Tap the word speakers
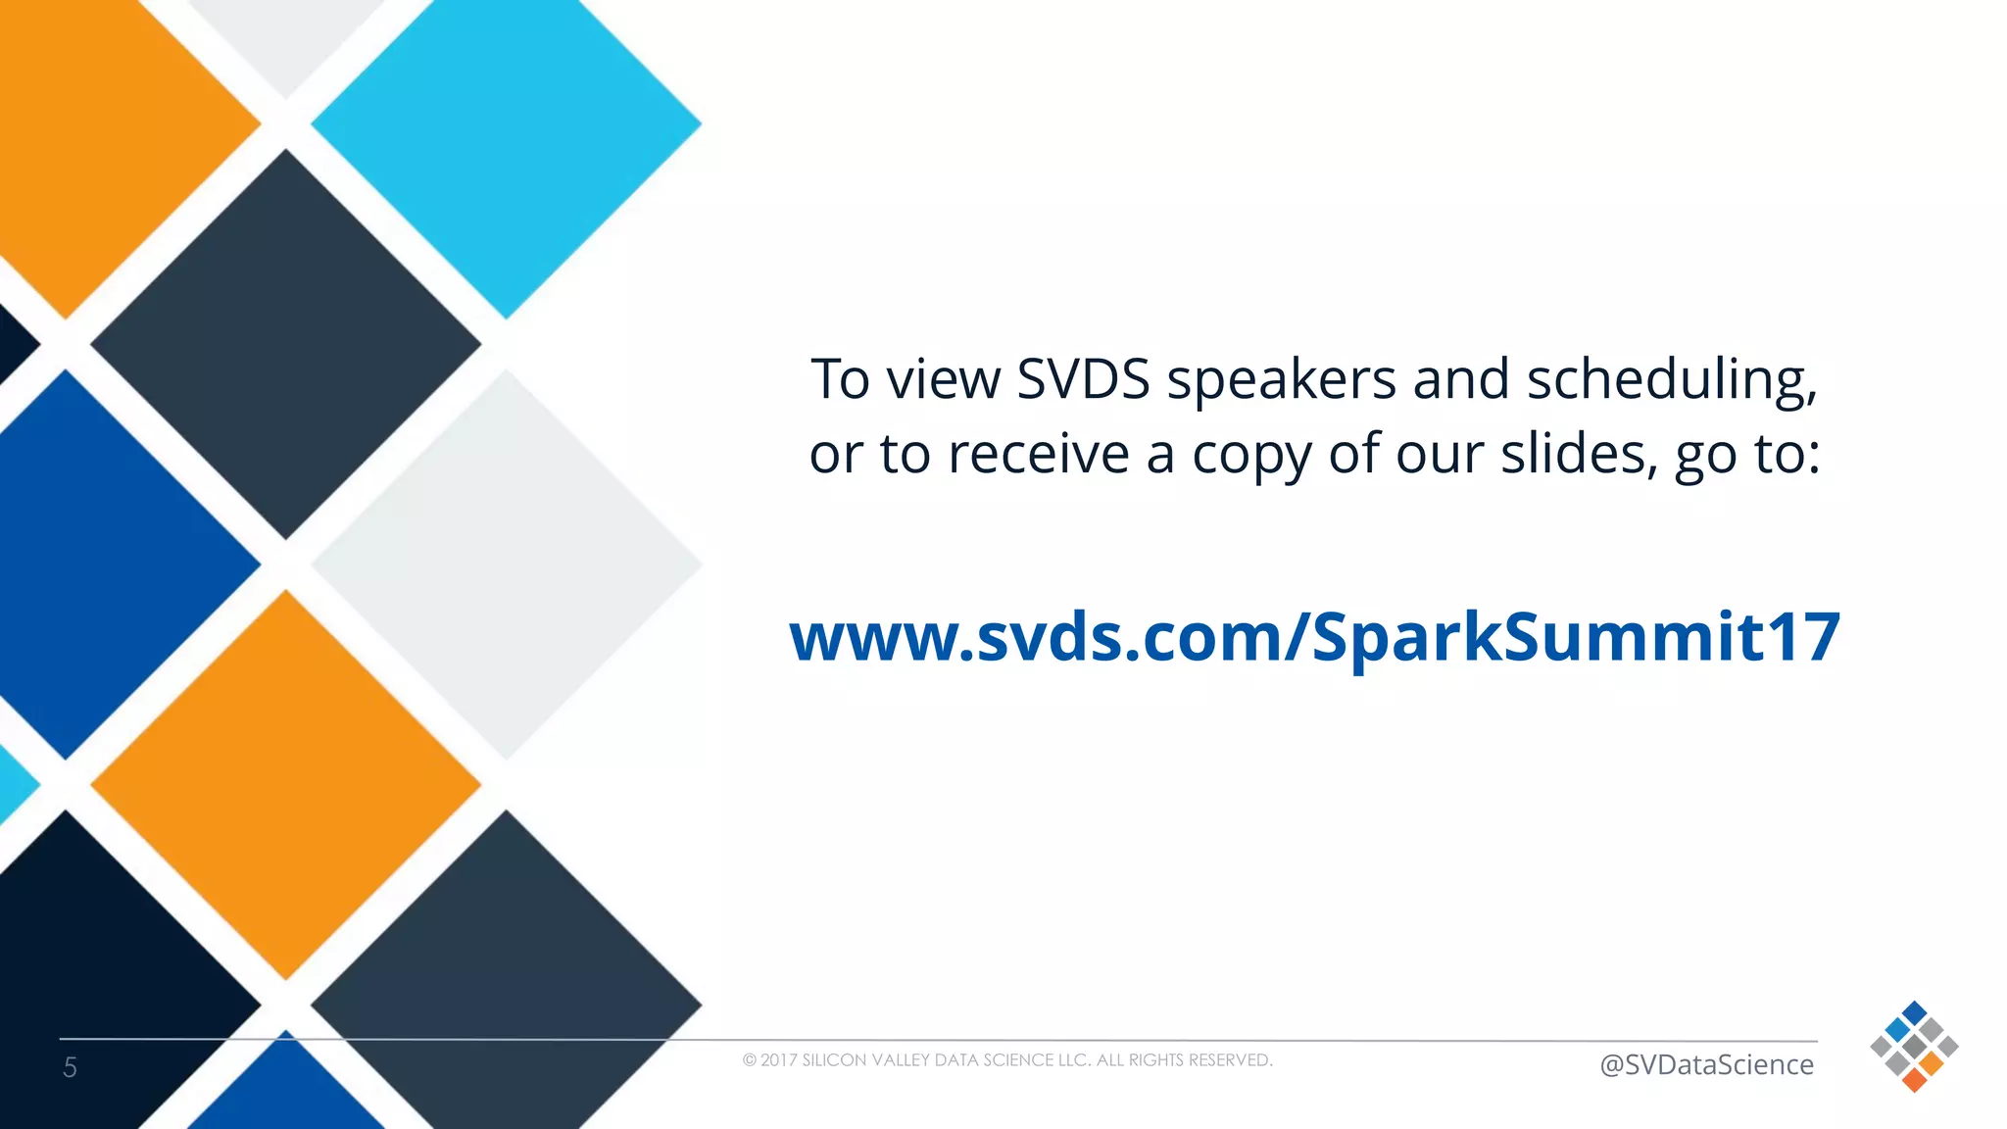[x=1281, y=381]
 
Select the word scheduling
[x=1671, y=381]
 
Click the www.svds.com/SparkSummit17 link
[x=1314, y=637]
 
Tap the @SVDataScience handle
[x=1705, y=1064]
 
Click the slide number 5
[x=70, y=1067]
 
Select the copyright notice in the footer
[x=1007, y=1060]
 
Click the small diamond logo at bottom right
[x=1913, y=1047]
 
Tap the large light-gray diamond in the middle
[x=506, y=564]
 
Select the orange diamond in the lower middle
[x=285, y=784]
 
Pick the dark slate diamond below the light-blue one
[x=285, y=344]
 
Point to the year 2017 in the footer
[x=778, y=1060]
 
